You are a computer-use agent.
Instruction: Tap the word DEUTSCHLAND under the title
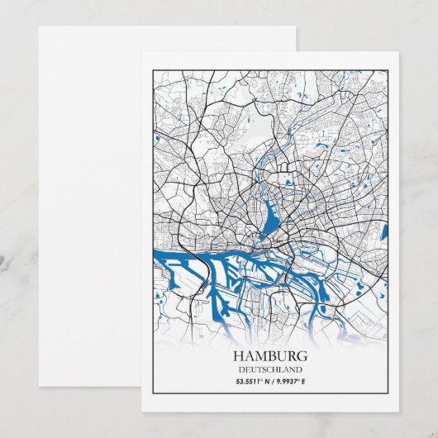coord(269,369)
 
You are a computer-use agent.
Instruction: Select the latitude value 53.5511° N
coord(248,381)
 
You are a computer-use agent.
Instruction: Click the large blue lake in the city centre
coord(269,219)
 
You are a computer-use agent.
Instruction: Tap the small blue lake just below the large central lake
coord(262,237)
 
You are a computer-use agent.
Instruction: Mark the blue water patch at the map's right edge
coord(384,232)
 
